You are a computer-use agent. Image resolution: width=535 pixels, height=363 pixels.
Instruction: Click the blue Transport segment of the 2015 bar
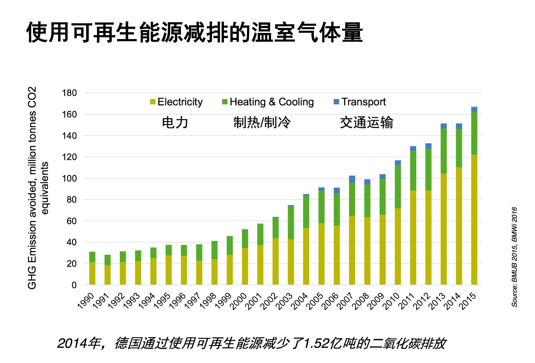[x=474, y=110]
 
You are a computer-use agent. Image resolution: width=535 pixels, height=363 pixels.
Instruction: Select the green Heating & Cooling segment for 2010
[x=398, y=187]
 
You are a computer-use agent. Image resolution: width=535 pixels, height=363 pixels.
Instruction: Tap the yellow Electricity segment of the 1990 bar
[x=92, y=273]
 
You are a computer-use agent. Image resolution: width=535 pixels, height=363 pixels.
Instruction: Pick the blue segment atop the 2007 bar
[x=352, y=179]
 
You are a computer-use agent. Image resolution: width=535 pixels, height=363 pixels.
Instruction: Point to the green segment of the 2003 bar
[x=291, y=223]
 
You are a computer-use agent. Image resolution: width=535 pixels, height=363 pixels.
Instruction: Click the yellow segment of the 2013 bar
[x=443, y=229]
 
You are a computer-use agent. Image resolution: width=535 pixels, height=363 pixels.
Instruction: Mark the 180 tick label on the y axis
[x=69, y=93]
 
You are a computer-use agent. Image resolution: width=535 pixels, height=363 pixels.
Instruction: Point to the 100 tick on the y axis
[x=69, y=178]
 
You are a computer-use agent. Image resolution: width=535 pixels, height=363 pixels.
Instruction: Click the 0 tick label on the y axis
[x=74, y=285]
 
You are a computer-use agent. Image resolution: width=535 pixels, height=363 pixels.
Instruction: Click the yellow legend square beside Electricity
[x=153, y=102]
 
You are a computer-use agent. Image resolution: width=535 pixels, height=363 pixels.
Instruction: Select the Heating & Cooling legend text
[x=272, y=102]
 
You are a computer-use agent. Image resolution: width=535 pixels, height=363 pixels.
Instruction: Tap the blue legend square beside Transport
[x=336, y=102]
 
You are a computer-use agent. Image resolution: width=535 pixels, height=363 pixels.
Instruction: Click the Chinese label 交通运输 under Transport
[x=367, y=122]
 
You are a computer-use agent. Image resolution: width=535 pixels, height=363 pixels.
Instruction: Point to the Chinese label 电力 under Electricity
[x=175, y=122]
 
